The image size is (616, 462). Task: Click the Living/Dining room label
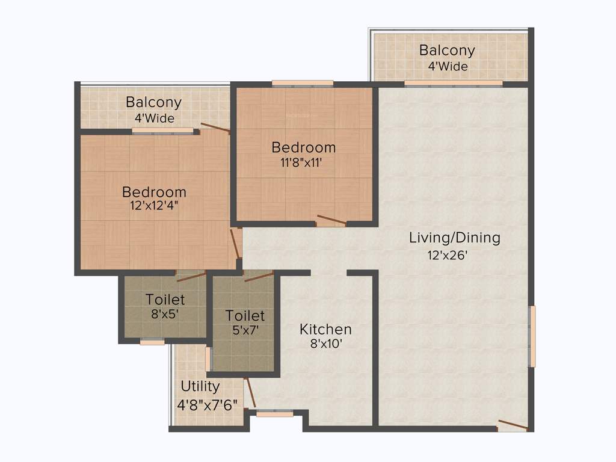pos(454,238)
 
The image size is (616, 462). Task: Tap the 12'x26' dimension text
pos(448,255)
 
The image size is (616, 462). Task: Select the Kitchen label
pos(325,330)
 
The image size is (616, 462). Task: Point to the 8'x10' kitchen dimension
pos(325,345)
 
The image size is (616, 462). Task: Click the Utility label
pos(200,386)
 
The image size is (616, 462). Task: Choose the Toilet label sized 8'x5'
pos(165,299)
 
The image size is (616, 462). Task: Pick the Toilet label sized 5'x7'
pos(245,315)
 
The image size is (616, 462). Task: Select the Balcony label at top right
pos(447,51)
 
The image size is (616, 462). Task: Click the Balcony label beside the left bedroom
pos(153,102)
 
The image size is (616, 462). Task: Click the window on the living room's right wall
pos(532,336)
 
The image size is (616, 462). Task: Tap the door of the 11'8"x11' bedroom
pos(331,220)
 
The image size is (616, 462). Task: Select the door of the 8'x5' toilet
pos(191,276)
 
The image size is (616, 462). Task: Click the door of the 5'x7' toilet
pos(259,276)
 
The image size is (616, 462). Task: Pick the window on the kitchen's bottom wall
pos(274,414)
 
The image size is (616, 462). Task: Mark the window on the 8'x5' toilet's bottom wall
pos(152,342)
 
